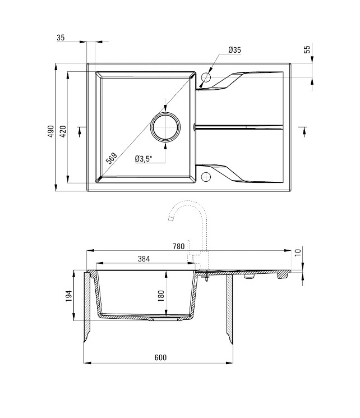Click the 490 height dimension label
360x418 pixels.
click(50, 131)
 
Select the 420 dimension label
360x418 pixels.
click(63, 131)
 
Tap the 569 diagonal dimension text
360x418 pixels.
click(112, 158)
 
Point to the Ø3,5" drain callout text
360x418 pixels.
click(144, 159)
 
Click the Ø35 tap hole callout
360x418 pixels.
click(234, 50)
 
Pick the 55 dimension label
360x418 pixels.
click(307, 49)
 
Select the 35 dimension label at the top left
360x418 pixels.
click(61, 38)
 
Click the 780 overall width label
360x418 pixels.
click(178, 246)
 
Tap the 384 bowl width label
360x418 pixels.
click(144, 259)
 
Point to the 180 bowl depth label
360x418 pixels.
click(161, 296)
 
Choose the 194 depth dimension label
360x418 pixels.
click(69, 296)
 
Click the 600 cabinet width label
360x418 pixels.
click(160, 357)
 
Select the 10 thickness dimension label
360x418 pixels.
click(298, 252)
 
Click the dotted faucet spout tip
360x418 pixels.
click(170, 219)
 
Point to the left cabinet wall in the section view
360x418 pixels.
click(87, 306)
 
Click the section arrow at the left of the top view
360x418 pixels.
click(80, 132)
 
